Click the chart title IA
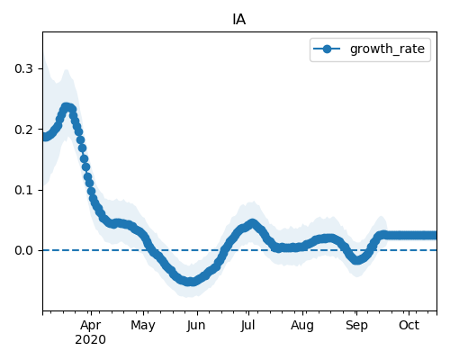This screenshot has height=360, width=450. pyautogui.click(x=239, y=20)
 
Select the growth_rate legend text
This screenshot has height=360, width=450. pyautogui.click(x=387, y=49)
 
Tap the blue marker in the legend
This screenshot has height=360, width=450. pyautogui.click(x=327, y=49)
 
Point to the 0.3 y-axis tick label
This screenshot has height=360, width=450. pyautogui.click(x=23, y=68)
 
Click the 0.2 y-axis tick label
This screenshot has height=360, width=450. pyautogui.click(x=23, y=130)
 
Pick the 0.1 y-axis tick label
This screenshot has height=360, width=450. pyautogui.click(x=23, y=190)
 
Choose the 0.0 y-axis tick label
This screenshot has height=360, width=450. pyautogui.click(x=23, y=250)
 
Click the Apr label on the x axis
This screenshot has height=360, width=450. pyautogui.click(x=91, y=326)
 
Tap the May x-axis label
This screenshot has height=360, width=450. pyautogui.click(x=143, y=326)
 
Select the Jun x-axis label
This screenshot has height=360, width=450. pyautogui.click(x=196, y=326)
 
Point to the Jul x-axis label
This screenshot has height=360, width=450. pyautogui.click(x=248, y=326)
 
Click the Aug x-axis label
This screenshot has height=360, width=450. pyautogui.click(x=302, y=326)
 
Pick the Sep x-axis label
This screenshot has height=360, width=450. pyautogui.click(x=356, y=326)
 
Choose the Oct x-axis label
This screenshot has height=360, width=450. pyautogui.click(x=409, y=326)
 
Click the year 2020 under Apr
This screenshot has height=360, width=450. pyautogui.click(x=91, y=340)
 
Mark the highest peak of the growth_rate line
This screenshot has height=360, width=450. pyautogui.click(x=67, y=107)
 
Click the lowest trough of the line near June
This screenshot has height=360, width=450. pyautogui.click(x=189, y=282)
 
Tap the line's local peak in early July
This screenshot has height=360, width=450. pyautogui.click(x=253, y=223)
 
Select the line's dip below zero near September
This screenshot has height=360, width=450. pyautogui.click(x=356, y=260)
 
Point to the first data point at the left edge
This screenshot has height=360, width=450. pyautogui.click(x=43, y=137)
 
